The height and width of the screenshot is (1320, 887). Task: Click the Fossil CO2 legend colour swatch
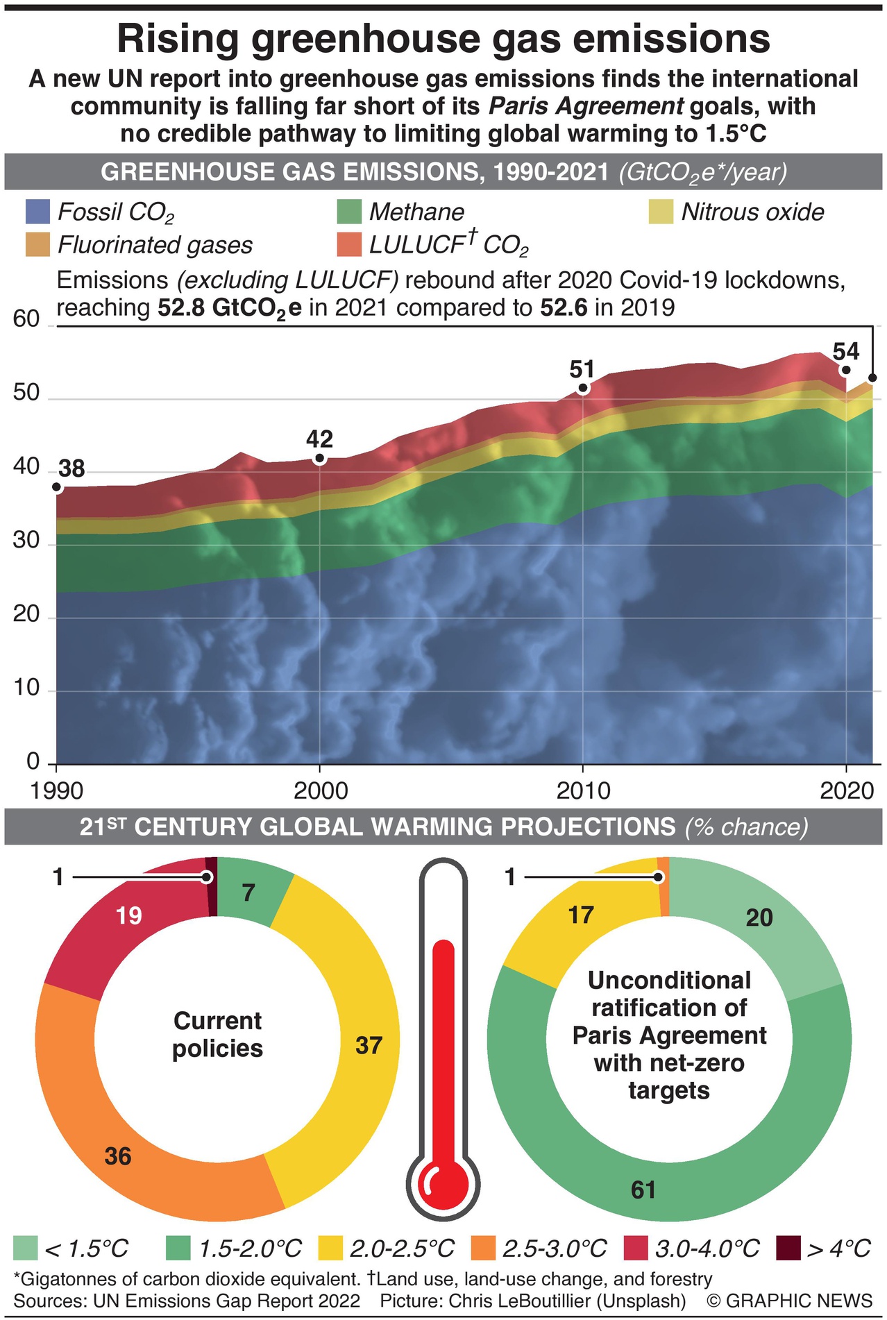37,212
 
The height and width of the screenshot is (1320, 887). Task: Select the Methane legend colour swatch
349,212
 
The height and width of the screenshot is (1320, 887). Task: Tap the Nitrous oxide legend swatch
661,212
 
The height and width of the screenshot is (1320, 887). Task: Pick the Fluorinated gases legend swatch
37,244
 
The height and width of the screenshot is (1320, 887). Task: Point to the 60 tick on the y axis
26,319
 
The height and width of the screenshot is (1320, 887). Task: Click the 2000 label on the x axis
320,790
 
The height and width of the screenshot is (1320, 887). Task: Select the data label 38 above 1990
71,469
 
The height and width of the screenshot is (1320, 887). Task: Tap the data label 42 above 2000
319,439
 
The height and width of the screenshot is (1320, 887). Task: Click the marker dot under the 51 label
583,389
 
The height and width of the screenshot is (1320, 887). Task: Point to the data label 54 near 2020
846,351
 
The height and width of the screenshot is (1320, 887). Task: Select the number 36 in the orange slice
118,1156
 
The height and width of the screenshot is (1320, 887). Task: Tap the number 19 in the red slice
129,916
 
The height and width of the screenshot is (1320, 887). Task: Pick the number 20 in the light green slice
759,917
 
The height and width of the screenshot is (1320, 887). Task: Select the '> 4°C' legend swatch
788,1249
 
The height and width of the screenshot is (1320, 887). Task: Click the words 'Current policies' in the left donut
217,1034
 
